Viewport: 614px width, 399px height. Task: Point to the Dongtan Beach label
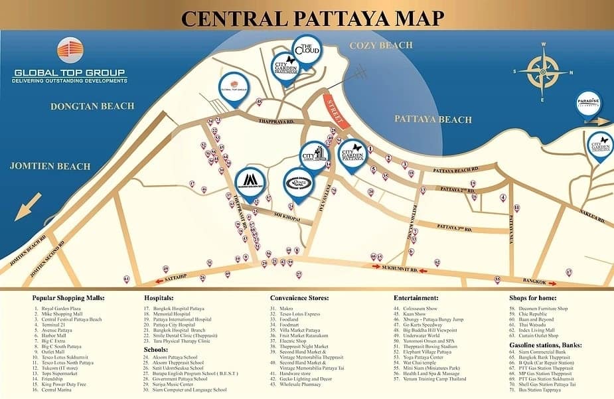pyautogui.click(x=92, y=106)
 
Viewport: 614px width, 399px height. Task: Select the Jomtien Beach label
pyautogui.click(x=50, y=165)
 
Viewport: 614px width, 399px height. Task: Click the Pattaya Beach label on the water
pyautogui.click(x=433, y=120)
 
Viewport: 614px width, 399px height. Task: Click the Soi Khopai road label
pyautogui.click(x=287, y=217)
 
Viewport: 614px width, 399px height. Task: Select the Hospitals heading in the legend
pyautogui.click(x=162, y=298)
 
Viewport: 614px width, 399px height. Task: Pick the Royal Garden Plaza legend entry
pyautogui.click(x=59, y=309)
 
